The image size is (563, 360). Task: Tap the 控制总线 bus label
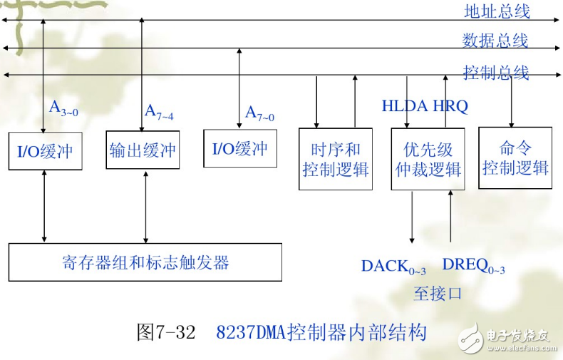pos(496,72)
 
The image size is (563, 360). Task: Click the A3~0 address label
pos(62,108)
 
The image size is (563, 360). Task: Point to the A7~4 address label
pos(159,111)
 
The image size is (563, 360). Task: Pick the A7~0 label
pos(259,113)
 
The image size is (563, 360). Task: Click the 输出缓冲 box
pos(143,150)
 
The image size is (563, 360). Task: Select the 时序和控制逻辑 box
pos(336,159)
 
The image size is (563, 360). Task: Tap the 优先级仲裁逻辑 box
pos(428,159)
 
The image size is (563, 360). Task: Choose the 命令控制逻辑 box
pos(515,158)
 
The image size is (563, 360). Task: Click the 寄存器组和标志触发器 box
pos(145,262)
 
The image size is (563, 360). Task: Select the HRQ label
pos(450,107)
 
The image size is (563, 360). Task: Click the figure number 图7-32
pos(165,332)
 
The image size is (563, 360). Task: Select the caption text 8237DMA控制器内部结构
pos(321,332)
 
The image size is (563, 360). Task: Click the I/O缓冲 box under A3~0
pos(44,150)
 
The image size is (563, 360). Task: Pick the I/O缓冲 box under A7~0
pos(240,148)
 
